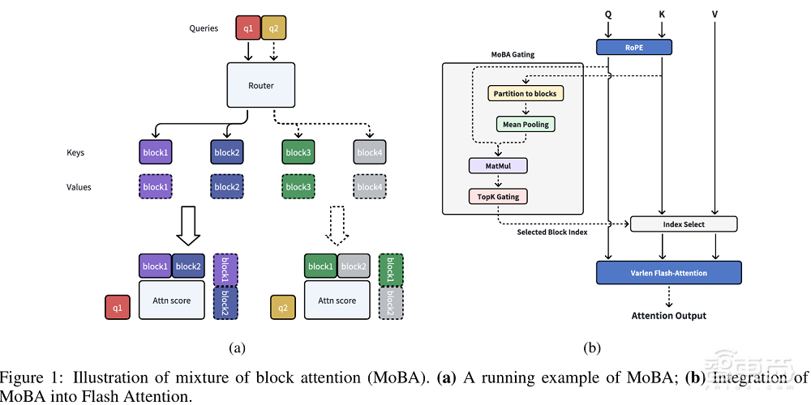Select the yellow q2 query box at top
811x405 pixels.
coord(272,28)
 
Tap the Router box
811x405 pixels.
coord(260,85)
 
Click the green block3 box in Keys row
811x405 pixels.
coord(298,152)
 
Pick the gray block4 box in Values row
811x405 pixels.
coord(369,187)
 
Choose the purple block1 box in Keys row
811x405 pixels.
coord(156,152)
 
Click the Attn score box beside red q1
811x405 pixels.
coord(170,301)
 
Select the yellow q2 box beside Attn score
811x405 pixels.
coord(283,308)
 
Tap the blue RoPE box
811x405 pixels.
coord(634,48)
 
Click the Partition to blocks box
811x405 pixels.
coord(526,93)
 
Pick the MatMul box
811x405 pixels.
coord(498,166)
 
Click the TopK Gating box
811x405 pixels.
coord(498,196)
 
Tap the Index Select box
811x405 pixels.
coord(683,224)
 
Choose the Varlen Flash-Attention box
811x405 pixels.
coord(669,273)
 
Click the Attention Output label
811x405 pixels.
coord(669,315)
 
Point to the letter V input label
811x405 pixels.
coord(714,14)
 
